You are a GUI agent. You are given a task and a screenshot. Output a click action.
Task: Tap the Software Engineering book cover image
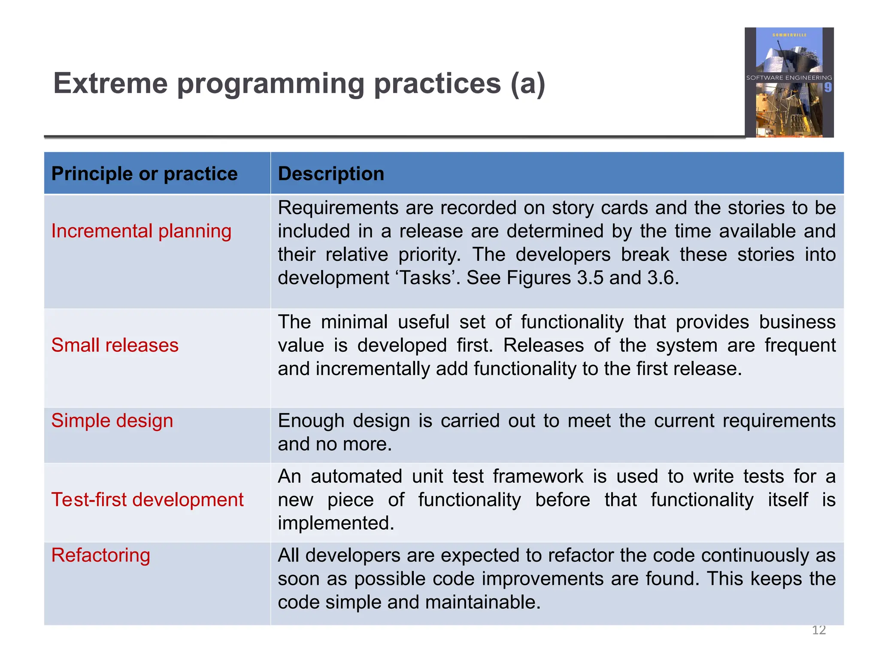pos(789,82)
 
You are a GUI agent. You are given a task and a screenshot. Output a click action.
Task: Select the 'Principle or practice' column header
pos(144,174)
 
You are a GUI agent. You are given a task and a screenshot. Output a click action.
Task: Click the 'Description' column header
pos(331,174)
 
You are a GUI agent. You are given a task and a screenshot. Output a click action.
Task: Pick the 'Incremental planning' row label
pos(141,231)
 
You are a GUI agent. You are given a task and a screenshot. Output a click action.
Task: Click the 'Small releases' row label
pos(115,345)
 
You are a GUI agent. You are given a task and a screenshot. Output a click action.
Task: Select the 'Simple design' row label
pos(112,421)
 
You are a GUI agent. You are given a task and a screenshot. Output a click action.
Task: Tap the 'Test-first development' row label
pos(147,500)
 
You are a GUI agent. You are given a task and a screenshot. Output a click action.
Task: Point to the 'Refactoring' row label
pos(100,556)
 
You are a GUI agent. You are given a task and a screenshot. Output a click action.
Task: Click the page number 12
pos(818,630)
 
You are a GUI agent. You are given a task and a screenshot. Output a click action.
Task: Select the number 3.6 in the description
pos(662,278)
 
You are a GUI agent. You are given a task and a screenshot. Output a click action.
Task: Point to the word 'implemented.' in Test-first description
pos(336,523)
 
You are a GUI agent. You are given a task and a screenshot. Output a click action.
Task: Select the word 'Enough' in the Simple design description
pos(311,421)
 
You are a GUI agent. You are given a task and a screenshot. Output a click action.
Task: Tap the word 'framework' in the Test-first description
pos(538,477)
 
